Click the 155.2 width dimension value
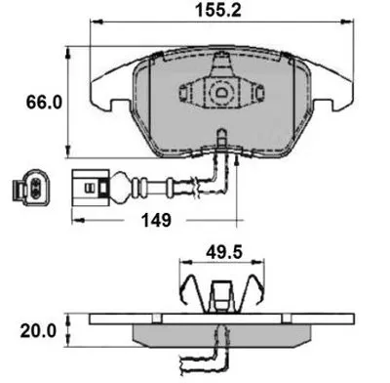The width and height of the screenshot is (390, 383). pyautogui.click(x=218, y=11)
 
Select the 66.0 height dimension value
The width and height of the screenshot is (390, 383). pyautogui.click(x=44, y=103)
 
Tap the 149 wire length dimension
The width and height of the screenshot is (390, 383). pyautogui.click(x=156, y=221)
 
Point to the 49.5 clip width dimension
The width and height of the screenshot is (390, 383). pyautogui.click(x=224, y=252)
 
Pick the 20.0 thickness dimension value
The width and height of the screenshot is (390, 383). pyautogui.click(x=38, y=331)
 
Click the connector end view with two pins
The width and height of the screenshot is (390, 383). pyautogui.click(x=31, y=188)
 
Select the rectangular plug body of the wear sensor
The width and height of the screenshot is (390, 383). pyautogui.click(x=91, y=188)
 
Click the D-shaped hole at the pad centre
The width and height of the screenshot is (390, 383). pyautogui.click(x=222, y=92)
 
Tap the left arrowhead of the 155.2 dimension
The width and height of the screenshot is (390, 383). pyautogui.click(x=97, y=21)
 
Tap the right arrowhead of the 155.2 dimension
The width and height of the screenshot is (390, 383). pyautogui.click(x=347, y=21)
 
